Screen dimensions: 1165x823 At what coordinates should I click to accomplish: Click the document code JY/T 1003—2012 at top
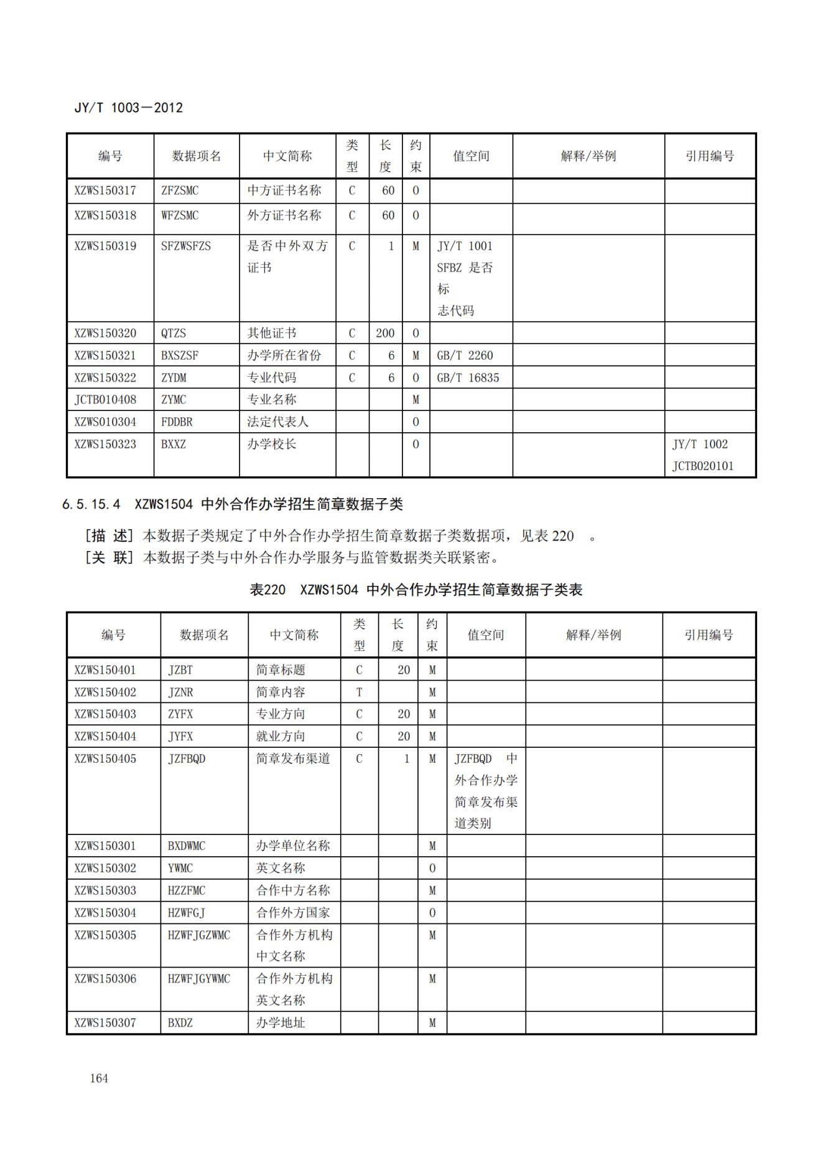tap(128, 108)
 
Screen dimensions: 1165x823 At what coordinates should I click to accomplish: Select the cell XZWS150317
tap(105, 191)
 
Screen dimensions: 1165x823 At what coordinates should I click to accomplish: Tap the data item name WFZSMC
tap(180, 215)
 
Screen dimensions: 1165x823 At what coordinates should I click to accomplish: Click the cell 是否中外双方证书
tap(287, 257)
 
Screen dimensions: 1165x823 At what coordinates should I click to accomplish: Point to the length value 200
tap(385, 333)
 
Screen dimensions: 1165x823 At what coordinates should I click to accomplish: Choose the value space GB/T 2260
tap(465, 356)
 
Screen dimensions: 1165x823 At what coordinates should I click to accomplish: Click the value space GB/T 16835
tap(468, 378)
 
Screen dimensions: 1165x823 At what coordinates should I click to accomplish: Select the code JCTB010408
tap(105, 400)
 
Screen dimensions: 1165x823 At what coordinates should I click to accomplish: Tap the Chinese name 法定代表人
tap(277, 422)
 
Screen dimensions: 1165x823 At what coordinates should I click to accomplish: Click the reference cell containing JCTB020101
tap(702, 466)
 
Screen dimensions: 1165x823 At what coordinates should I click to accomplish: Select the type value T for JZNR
tap(359, 692)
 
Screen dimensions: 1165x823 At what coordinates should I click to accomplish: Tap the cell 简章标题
tap(281, 670)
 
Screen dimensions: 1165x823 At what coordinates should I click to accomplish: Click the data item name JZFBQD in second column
tap(187, 759)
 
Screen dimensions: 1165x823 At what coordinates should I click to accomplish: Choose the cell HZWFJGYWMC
tap(199, 979)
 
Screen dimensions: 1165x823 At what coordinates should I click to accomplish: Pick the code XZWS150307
tap(105, 1022)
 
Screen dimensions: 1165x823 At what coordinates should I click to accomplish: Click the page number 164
tap(99, 1078)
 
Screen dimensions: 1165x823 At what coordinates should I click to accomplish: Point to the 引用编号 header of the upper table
tap(710, 156)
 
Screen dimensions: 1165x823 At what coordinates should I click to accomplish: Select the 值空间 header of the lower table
tap(486, 635)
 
